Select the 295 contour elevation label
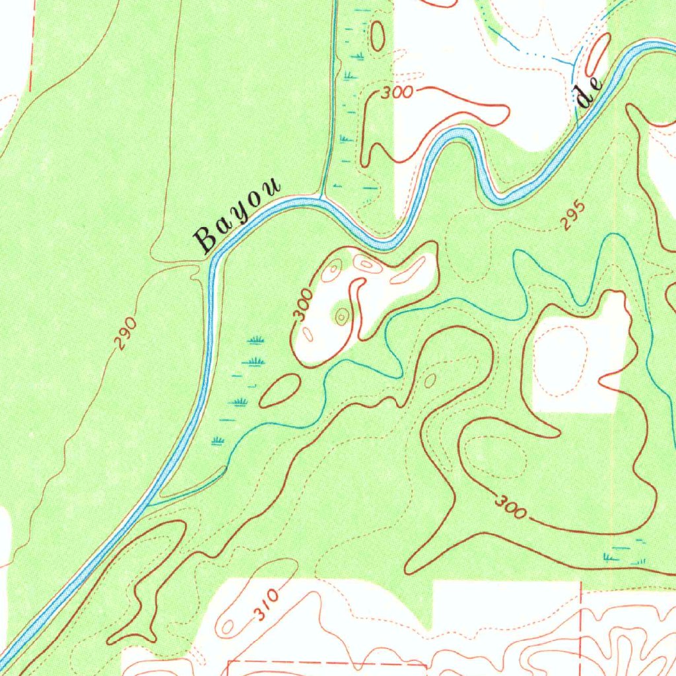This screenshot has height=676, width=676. coord(574,215)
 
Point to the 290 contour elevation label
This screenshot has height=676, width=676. coord(125,333)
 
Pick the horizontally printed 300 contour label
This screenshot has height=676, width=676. coord(397,93)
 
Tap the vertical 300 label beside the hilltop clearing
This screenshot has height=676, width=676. coord(303,306)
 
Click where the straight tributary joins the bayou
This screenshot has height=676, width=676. coord(321,198)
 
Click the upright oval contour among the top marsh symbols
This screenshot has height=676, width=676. coord(378,36)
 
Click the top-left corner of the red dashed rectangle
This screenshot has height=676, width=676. coord(228,659)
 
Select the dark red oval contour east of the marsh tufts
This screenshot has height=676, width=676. coord(281,390)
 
